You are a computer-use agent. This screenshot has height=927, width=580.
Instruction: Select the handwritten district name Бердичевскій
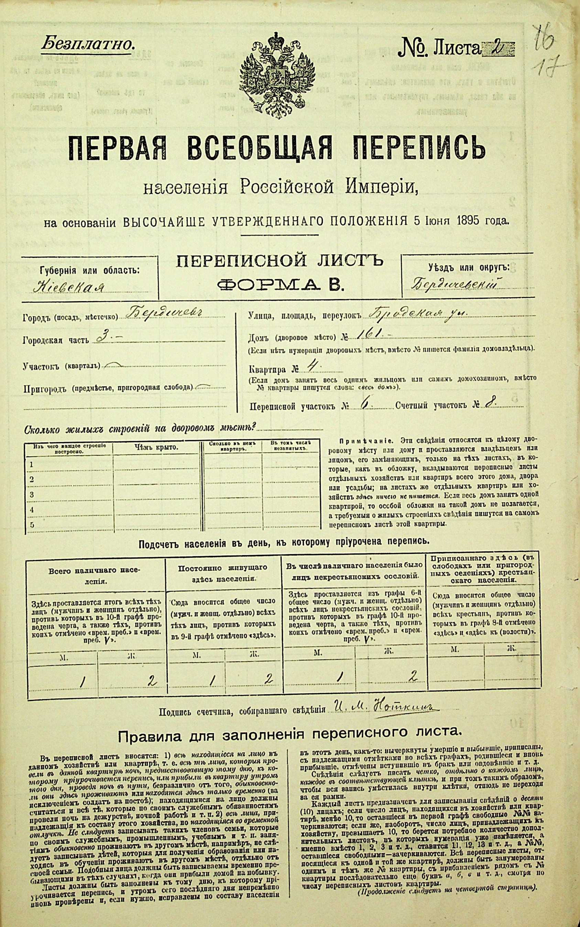(x=457, y=285)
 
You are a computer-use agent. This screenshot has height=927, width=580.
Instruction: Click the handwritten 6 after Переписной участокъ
(x=363, y=404)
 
